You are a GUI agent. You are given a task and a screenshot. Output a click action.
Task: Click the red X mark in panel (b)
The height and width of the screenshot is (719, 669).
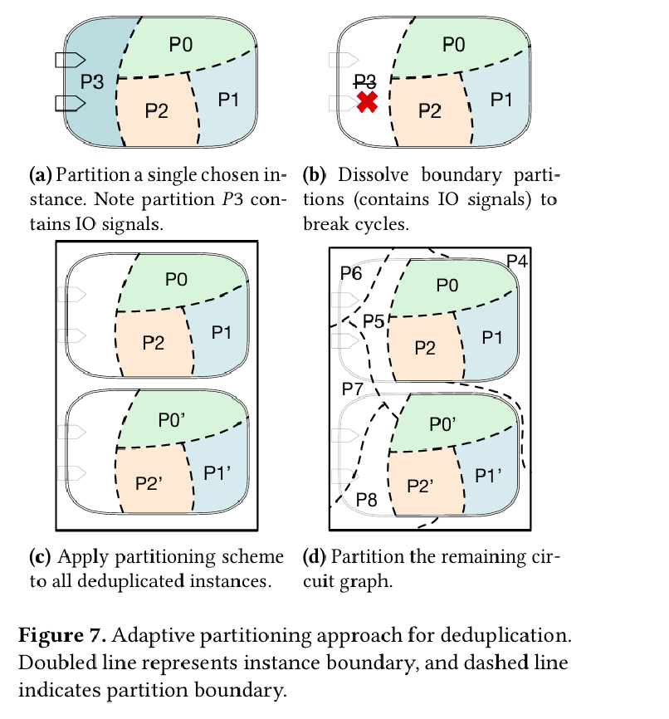click(368, 102)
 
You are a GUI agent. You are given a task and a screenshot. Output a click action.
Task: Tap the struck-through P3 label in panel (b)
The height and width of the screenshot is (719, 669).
click(365, 81)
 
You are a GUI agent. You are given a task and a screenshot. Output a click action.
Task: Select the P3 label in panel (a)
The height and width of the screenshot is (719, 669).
click(92, 81)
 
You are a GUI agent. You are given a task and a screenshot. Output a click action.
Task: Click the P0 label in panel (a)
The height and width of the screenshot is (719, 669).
click(181, 45)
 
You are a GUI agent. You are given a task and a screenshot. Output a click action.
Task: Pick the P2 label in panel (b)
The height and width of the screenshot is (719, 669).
click(429, 110)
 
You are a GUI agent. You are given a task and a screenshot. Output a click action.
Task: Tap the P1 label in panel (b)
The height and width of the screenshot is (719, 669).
click(501, 100)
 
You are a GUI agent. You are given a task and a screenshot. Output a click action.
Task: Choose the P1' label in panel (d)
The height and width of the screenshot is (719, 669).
click(491, 475)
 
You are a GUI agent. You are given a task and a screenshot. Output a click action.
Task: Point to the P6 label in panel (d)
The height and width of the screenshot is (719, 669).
click(351, 274)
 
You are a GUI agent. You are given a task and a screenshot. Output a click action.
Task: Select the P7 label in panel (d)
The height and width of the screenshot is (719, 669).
click(353, 388)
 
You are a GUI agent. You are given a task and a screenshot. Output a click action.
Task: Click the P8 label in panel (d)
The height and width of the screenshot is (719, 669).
click(366, 500)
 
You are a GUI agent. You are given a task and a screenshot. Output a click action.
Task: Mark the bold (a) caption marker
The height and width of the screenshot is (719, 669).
click(41, 175)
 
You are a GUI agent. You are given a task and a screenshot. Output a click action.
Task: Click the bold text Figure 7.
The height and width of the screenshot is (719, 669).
click(62, 637)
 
